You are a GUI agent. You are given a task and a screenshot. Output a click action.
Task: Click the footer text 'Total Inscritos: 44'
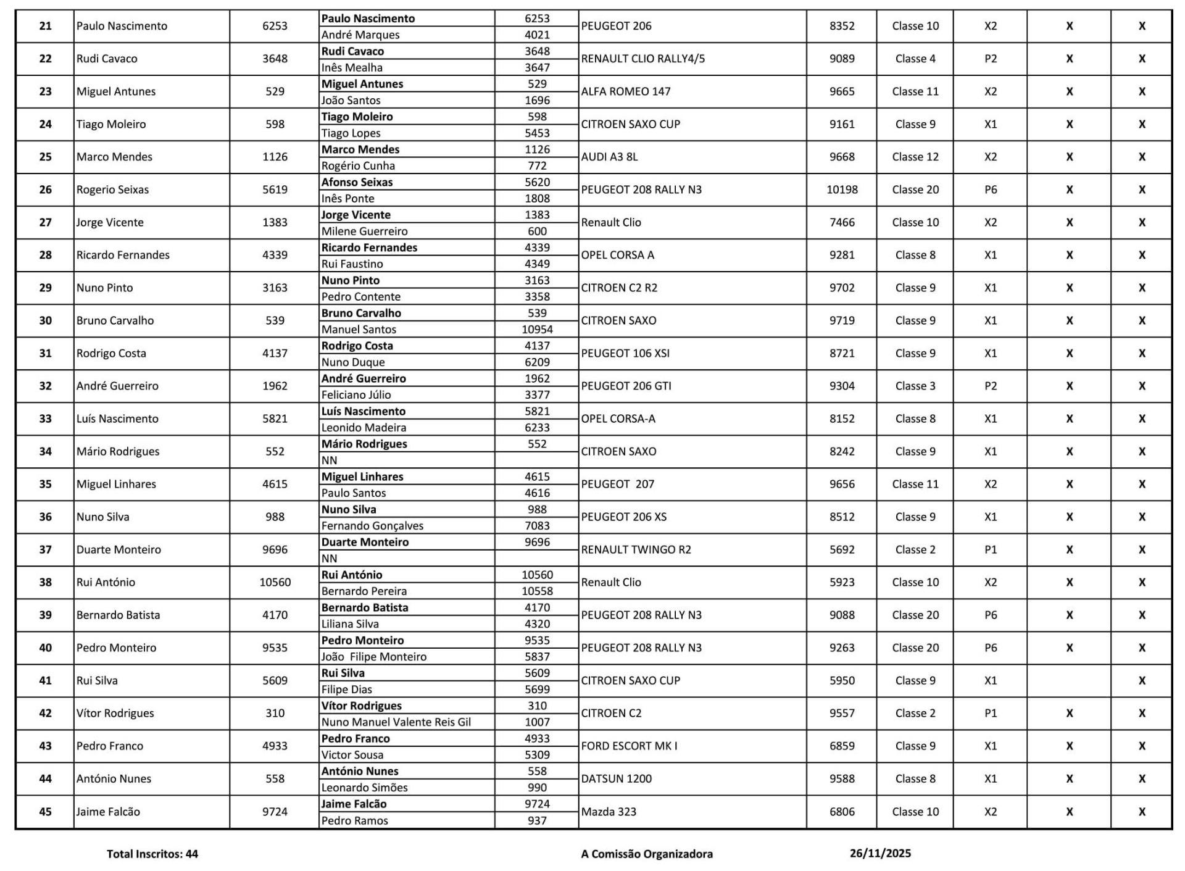tap(152, 854)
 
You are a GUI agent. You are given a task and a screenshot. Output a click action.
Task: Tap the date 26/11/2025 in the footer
tap(880, 853)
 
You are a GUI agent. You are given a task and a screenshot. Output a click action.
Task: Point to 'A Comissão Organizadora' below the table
tap(647, 854)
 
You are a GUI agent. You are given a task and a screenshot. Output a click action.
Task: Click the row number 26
tap(45, 190)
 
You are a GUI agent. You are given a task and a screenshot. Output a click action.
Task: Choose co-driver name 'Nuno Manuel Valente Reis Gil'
tap(396, 722)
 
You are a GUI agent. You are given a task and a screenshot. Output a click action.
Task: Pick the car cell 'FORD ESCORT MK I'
tap(629, 746)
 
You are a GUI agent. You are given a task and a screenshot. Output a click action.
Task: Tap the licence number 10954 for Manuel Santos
tap(537, 329)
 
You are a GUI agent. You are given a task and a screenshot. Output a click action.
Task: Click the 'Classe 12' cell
tap(915, 157)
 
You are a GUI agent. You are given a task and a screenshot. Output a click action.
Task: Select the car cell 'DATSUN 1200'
tap(616, 778)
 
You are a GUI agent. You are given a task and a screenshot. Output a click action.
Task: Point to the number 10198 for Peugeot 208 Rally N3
tap(842, 190)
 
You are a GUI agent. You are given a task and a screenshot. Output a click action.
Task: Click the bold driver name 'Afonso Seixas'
tap(357, 182)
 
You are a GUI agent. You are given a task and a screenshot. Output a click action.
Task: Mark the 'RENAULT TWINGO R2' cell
tap(636, 549)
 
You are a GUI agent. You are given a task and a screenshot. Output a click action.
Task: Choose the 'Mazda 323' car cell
tap(609, 812)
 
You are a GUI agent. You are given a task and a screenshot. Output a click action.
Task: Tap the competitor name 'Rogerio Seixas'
tap(112, 190)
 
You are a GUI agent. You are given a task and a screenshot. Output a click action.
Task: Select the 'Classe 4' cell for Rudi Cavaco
tap(915, 59)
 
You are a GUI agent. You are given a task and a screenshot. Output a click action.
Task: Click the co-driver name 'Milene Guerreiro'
tap(364, 231)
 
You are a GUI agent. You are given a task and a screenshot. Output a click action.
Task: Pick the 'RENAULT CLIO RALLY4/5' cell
tap(642, 59)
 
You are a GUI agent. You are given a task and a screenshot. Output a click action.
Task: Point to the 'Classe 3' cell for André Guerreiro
tap(915, 386)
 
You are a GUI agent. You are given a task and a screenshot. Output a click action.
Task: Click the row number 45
tap(45, 812)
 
